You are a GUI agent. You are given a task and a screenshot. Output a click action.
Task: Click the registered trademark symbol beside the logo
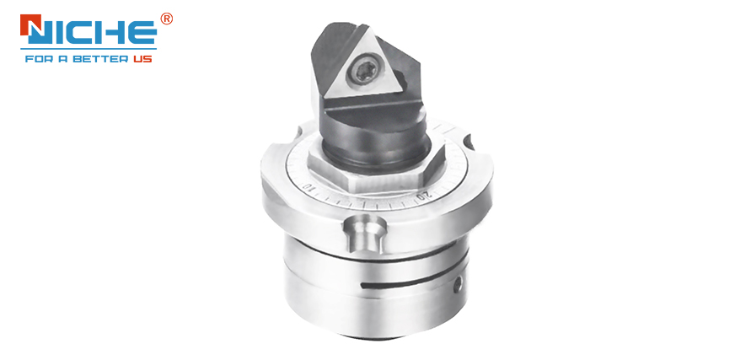(x=166, y=19)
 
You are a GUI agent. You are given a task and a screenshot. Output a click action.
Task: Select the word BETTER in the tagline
(x=102, y=60)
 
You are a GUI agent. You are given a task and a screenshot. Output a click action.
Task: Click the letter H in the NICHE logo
(x=110, y=32)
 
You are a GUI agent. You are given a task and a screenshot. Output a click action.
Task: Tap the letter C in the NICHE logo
(x=84, y=32)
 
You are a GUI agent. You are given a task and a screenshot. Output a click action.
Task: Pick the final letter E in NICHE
(x=141, y=32)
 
